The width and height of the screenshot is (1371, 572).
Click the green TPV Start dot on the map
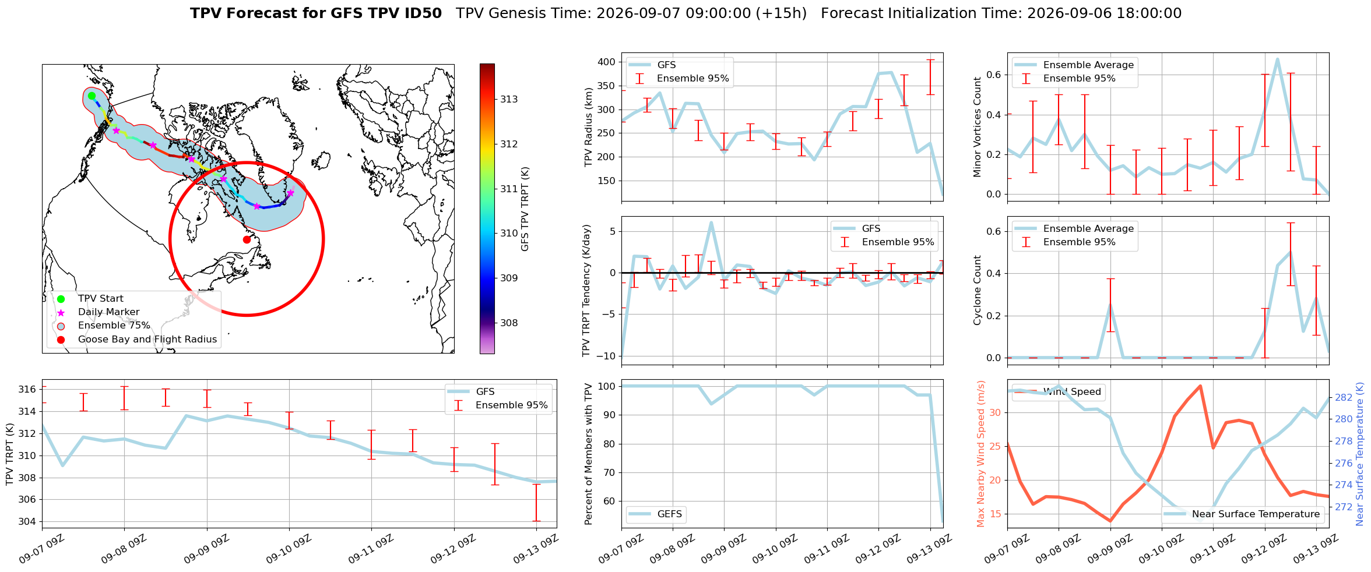tap(92, 96)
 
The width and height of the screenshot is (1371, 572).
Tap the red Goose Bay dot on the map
tap(247, 239)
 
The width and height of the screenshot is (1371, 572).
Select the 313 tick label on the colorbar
tap(509, 99)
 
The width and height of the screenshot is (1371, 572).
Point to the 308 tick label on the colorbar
tap(509, 323)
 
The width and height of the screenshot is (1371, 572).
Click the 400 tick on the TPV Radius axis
tap(606, 62)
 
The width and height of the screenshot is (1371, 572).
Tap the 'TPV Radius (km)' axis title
tap(589, 127)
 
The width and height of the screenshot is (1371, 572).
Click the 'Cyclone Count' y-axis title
tap(977, 290)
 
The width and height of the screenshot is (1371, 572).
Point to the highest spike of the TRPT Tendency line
tap(711, 222)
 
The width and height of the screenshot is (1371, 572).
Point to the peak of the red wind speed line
tap(1200, 386)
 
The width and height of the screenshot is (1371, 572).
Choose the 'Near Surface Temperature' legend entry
tap(1243, 514)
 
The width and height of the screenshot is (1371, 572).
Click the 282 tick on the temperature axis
tap(1344, 397)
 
